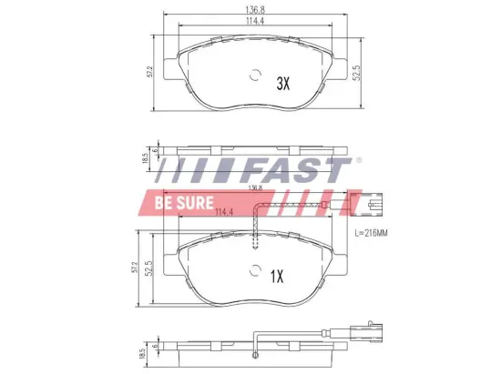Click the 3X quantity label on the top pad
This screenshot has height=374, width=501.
pyautogui.click(x=282, y=83)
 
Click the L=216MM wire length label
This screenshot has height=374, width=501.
pyautogui.click(x=371, y=235)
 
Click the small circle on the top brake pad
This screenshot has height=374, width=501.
pyautogui.click(x=254, y=77)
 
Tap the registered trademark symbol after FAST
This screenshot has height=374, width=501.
pyautogui.click(x=357, y=161)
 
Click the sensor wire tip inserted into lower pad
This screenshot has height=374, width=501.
pyautogui.click(x=257, y=241)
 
